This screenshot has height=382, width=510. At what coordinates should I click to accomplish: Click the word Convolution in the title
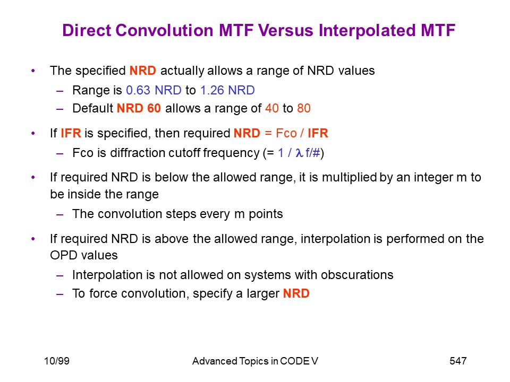[165, 30]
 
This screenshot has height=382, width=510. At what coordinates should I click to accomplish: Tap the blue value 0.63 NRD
[154, 90]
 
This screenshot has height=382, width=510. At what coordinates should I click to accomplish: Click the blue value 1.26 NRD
[227, 90]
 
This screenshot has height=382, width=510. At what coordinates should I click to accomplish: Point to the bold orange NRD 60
[139, 108]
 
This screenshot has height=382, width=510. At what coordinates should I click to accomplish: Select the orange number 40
[272, 108]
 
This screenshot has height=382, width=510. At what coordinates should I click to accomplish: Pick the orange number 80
[304, 108]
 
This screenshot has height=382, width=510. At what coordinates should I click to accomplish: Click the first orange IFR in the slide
[71, 133]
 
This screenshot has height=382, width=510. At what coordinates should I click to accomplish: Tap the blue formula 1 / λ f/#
[299, 153]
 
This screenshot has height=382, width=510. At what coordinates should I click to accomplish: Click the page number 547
[458, 361]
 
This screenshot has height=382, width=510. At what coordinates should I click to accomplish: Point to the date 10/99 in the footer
[57, 361]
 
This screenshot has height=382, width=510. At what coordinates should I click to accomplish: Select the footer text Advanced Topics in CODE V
[255, 361]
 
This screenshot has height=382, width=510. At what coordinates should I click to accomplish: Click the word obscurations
[357, 275]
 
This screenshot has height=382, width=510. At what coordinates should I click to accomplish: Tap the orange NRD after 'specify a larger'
[296, 293]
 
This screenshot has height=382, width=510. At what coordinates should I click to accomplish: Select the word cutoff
[176, 153]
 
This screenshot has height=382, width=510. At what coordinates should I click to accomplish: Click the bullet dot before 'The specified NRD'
[33, 71]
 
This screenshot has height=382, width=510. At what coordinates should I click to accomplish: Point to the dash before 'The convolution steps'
[60, 214]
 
